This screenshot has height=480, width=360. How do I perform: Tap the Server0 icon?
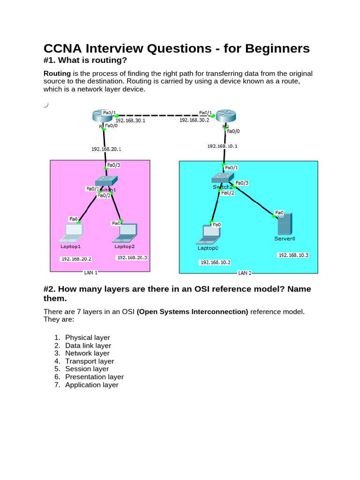[284, 224]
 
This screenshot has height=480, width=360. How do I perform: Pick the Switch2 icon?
[221, 178]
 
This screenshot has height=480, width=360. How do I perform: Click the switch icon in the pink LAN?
[106, 181]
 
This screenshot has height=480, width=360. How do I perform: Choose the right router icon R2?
[225, 117]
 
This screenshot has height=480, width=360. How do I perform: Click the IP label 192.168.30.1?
[130, 120]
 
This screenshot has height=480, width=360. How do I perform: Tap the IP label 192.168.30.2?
[195, 120]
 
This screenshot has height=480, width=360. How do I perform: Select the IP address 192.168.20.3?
[132, 258]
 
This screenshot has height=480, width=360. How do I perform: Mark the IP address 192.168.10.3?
[293, 255]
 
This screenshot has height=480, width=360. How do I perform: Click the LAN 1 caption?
[90, 272]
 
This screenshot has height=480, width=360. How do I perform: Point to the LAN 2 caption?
[245, 273]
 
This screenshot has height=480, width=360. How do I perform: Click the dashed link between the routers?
[159, 115]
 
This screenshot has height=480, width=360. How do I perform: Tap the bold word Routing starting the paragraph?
[57, 74]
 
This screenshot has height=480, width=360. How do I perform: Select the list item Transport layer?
[90, 361]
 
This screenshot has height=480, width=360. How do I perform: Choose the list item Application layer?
[92, 385]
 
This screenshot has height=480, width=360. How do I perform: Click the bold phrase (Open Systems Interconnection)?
[192, 311]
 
